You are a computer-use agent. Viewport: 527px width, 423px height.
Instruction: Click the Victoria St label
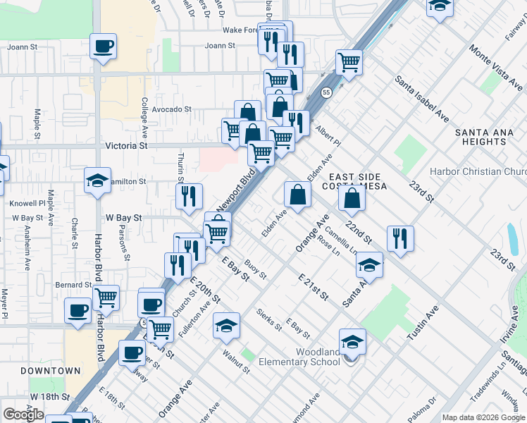[126, 146]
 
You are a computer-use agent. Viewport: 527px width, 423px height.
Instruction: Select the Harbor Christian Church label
[485, 171]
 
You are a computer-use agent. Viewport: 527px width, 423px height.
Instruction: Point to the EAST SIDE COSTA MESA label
[354, 180]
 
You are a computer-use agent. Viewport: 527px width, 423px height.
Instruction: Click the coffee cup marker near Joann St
[104, 47]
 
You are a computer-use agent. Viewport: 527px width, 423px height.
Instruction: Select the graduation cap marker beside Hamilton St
[98, 180]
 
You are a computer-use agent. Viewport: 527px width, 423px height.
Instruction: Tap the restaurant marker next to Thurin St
[189, 197]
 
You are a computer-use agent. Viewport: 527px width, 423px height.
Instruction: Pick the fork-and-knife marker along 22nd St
[399, 238]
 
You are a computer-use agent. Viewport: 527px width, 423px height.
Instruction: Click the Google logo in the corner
[24, 415]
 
